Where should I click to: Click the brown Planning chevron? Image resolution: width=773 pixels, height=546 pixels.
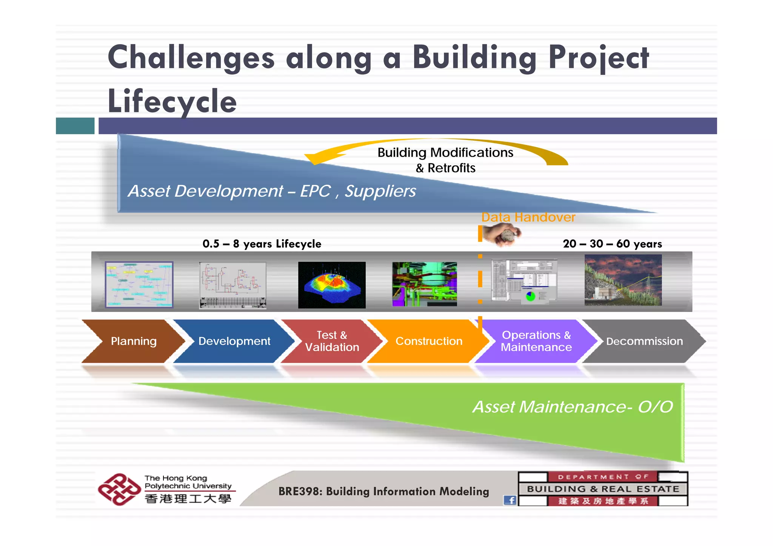pos(133,341)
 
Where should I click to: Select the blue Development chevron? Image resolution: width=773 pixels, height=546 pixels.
pos(234,341)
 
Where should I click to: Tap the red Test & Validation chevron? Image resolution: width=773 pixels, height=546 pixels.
pos(331,341)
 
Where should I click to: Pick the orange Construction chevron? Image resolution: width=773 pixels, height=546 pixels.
pos(428,341)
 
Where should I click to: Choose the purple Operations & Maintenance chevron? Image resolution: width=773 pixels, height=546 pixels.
pos(536,341)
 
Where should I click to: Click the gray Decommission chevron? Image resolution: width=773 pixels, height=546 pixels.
pos(644,341)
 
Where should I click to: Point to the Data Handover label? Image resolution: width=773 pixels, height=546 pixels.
pos(528,217)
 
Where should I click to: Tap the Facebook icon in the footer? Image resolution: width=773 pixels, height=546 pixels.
pos(510,500)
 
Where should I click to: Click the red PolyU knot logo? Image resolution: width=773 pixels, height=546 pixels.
pos(119,489)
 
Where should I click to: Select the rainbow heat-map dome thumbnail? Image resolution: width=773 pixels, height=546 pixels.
pos(332,285)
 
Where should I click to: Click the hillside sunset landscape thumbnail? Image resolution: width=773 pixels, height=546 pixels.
pos(623,280)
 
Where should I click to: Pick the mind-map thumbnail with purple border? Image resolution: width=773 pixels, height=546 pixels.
pos(139,285)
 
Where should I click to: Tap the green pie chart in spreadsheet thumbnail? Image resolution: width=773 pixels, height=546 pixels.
pos(530,296)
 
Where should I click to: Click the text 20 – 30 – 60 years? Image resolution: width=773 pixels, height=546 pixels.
pos(612,244)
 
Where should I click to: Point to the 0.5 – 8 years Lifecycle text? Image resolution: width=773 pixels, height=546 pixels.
pos(262,244)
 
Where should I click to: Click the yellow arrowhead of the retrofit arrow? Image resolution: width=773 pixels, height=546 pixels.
pos(313,158)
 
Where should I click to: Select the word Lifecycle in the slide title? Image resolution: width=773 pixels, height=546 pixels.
pos(172,101)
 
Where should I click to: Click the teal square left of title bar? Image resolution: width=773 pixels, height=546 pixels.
pos(75,126)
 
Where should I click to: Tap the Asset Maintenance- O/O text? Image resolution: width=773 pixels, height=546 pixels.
pos(573,407)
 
